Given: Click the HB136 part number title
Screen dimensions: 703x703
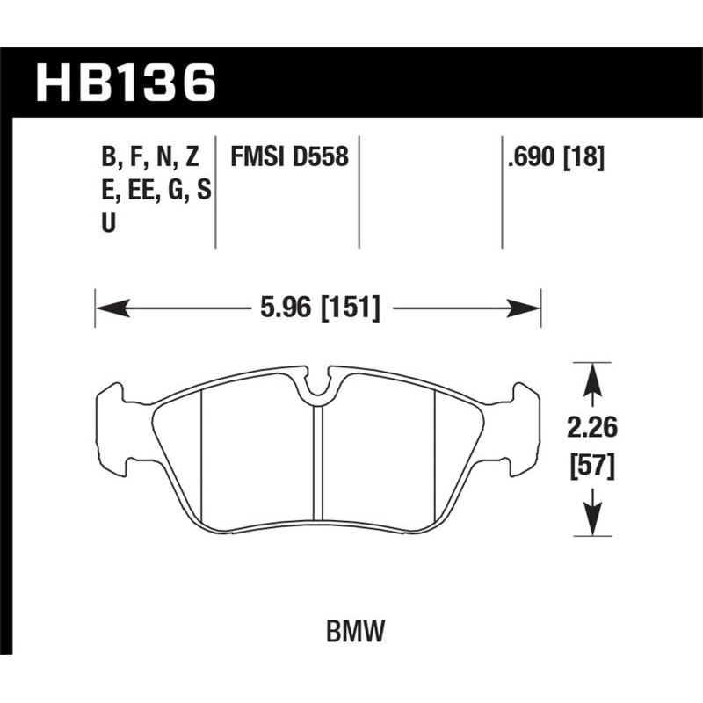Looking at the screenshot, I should [124, 83].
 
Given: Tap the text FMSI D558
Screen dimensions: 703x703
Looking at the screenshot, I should [288, 158].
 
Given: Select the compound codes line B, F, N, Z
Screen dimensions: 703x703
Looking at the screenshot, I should [151, 158].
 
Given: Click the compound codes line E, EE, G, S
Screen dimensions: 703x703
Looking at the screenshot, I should [155, 190].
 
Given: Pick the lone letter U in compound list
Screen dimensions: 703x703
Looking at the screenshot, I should [108, 222].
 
